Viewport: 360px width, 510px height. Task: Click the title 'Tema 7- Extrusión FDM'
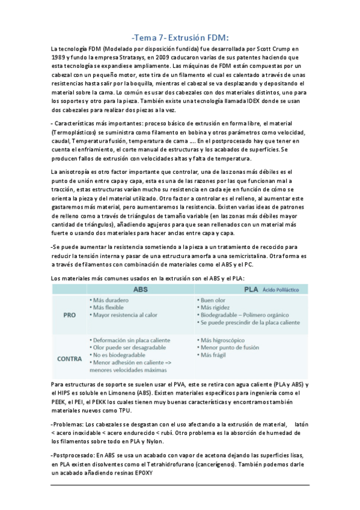(x=180, y=36)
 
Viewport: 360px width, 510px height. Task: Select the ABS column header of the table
(x=141, y=289)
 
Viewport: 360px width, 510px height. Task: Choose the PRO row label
(x=70, y=315)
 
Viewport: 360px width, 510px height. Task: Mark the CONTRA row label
(x=70, y=359)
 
